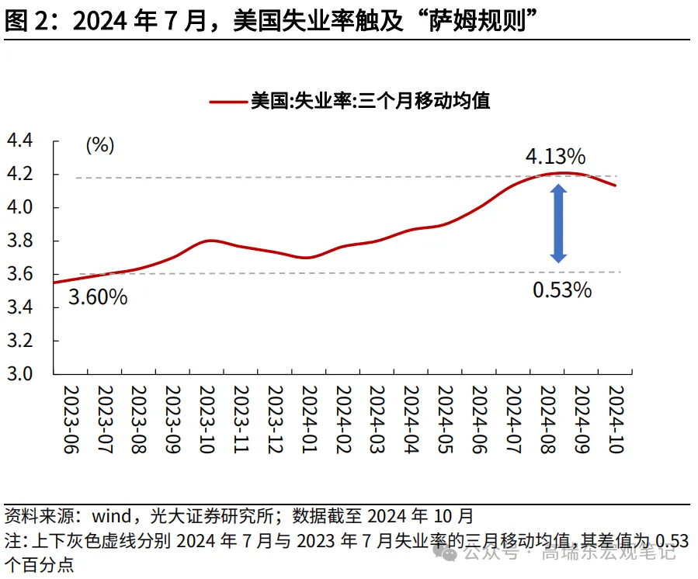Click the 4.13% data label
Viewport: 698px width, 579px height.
(x=554, y=156)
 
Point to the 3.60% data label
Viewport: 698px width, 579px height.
(x=98, y=296)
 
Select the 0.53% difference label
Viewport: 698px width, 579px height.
(x=562, y=290)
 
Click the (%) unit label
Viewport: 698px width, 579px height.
(x=99, y=144)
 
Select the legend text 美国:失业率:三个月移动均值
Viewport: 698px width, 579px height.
(x=370, y=101)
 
